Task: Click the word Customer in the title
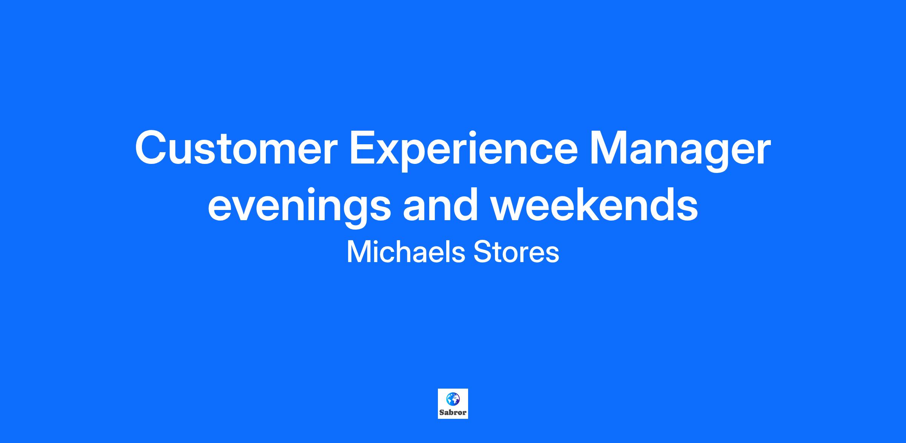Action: [x=236, y=148]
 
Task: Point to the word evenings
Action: [x=299, y=208]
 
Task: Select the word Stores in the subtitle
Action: [x=516, y=252]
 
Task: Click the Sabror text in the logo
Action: [x=453, y=412]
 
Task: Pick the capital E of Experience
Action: [x=364, y=148]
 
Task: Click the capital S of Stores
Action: [x=482, y=252]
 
